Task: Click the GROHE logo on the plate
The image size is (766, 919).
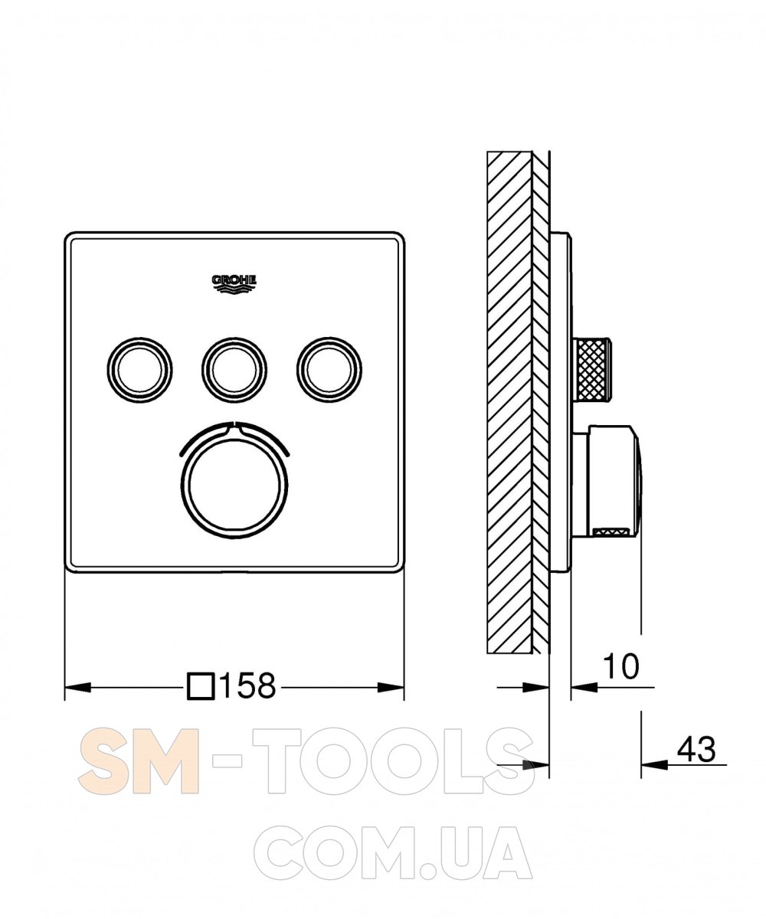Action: pos(234,284)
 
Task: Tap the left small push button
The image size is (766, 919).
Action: pos(139,370)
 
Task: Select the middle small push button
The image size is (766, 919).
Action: pos(234,370)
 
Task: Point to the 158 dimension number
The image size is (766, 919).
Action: pos(248,685)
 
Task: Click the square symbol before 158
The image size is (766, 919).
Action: pos(201,686)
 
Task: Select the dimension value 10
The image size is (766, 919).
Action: pos(620,666)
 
